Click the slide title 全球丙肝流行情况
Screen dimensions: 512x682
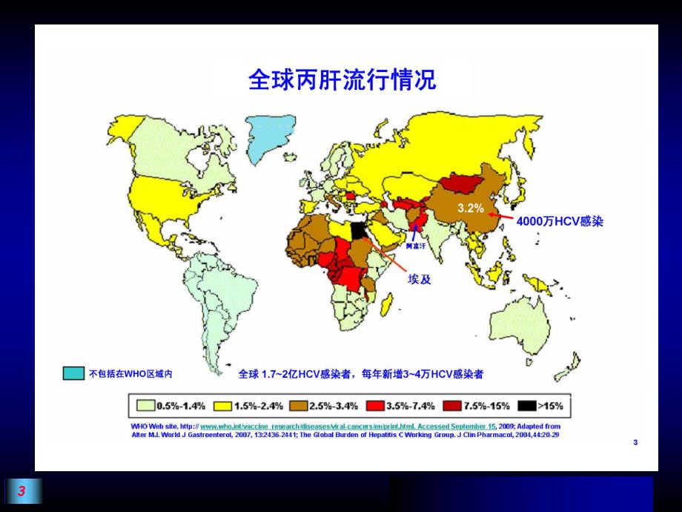coord(342,79)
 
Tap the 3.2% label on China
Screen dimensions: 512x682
coord(471,208)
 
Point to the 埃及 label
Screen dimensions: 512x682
coord(420,280)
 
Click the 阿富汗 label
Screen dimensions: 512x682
coord(417,245)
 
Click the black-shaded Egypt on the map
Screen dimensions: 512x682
coord(359,231)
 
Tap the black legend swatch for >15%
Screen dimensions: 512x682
coord(528,406)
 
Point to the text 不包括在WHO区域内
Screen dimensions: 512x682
coord(136,374)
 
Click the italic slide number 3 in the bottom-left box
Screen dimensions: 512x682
coord(22,491)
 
